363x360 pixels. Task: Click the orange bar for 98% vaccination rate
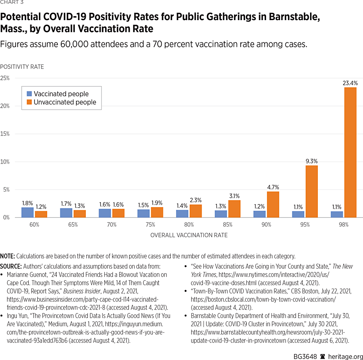point(350,152)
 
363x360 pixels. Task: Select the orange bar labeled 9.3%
point(311,191)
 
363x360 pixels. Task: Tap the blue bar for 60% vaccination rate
point(28,212)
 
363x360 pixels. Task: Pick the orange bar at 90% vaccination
point(273,204)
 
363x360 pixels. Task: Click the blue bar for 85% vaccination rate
point(221,214)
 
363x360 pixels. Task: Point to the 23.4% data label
point(350,83)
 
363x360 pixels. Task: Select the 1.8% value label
point(28,203)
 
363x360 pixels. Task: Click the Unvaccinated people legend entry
point(65,102)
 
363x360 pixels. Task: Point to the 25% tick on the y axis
point(5,78)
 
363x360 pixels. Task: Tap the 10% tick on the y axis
point(5,162)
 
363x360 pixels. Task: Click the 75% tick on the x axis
point(150,225)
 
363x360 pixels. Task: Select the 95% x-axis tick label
point(305,225)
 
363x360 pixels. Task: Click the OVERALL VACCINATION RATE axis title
point(189,235)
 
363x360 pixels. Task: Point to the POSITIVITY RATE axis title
point(22,67)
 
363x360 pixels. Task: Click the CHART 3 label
point(11,2)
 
